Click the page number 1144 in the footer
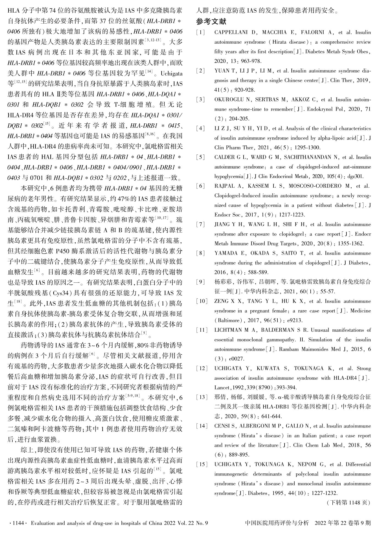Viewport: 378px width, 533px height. coord(17,523)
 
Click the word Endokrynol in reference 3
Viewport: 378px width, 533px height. coord(319,109)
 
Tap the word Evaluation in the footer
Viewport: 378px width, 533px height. coord(44,523)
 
